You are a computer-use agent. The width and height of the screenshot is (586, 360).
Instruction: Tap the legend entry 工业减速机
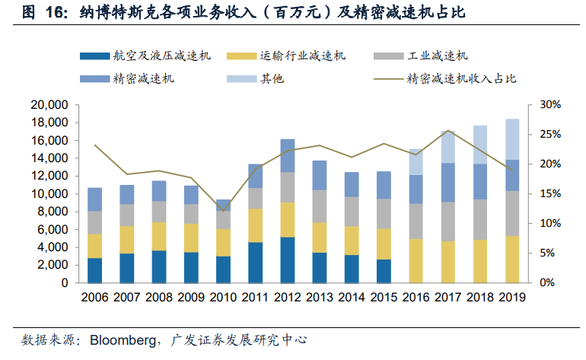point(438,56)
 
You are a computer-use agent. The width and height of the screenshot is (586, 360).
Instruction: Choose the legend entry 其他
point(272,78)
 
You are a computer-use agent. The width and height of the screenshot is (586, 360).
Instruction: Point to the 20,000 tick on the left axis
point(50,105)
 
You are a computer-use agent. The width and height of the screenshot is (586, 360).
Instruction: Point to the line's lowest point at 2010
point(224,210)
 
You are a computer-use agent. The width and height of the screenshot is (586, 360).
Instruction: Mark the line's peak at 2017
point(449,131)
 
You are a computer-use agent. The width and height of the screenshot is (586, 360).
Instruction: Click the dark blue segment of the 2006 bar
point(95,270)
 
